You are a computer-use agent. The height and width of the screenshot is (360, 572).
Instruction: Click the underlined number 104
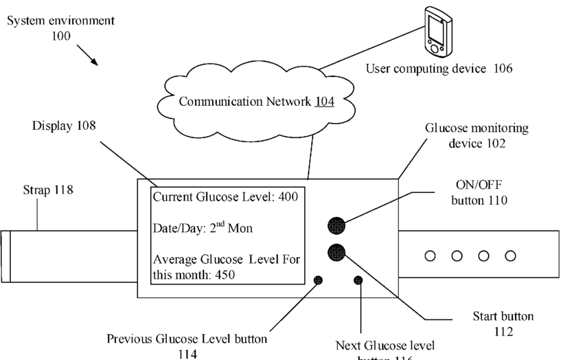coord(324,102)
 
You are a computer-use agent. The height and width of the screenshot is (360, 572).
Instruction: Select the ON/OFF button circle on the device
coord(336,225)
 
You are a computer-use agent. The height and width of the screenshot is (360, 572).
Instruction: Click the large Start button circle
coord(336,251)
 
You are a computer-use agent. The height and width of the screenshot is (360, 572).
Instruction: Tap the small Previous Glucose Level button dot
coord(318,280)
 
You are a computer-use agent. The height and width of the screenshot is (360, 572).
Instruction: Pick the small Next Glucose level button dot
coord(358,280)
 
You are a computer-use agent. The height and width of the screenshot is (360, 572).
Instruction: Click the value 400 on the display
coord(288,197)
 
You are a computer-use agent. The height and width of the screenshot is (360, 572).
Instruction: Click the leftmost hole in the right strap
coord(430,256)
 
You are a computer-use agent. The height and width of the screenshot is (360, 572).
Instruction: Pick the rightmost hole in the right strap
coord(510,256)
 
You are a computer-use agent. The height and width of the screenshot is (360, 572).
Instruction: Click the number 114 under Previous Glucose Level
coord(187,353)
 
